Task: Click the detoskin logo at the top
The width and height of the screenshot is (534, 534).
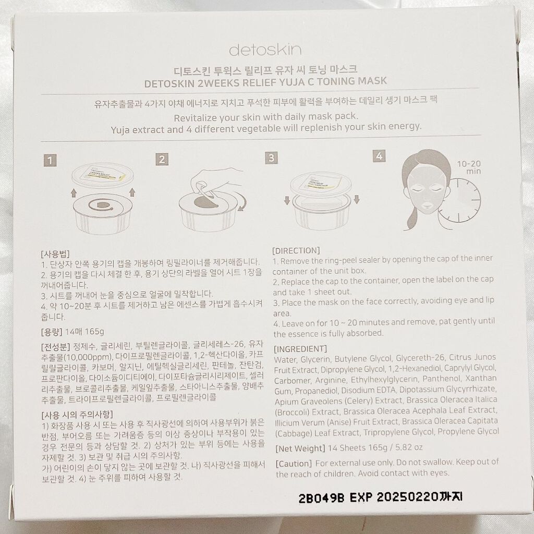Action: pos(265,50)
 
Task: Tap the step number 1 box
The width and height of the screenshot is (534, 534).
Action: pos(50,161)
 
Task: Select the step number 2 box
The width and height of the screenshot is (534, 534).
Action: pos(162,159)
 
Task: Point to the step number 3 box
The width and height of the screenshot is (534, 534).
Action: pos(271,157)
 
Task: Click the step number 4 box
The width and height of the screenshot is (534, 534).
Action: pos(379,156)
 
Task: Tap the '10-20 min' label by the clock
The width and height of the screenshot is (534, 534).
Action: pos(469,167)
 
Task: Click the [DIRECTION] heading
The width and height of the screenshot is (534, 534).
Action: pos(296,251)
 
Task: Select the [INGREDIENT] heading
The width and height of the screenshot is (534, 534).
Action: pos(300,349)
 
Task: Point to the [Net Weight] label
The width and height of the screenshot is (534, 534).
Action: pos(300,448)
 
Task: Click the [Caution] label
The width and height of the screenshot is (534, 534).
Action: pos(294,464)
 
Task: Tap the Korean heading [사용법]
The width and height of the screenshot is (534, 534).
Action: pos(55,254)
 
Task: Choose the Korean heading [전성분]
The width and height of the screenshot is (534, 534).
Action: pos(55,347)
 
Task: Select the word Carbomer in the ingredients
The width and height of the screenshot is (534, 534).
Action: pos(293,380)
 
